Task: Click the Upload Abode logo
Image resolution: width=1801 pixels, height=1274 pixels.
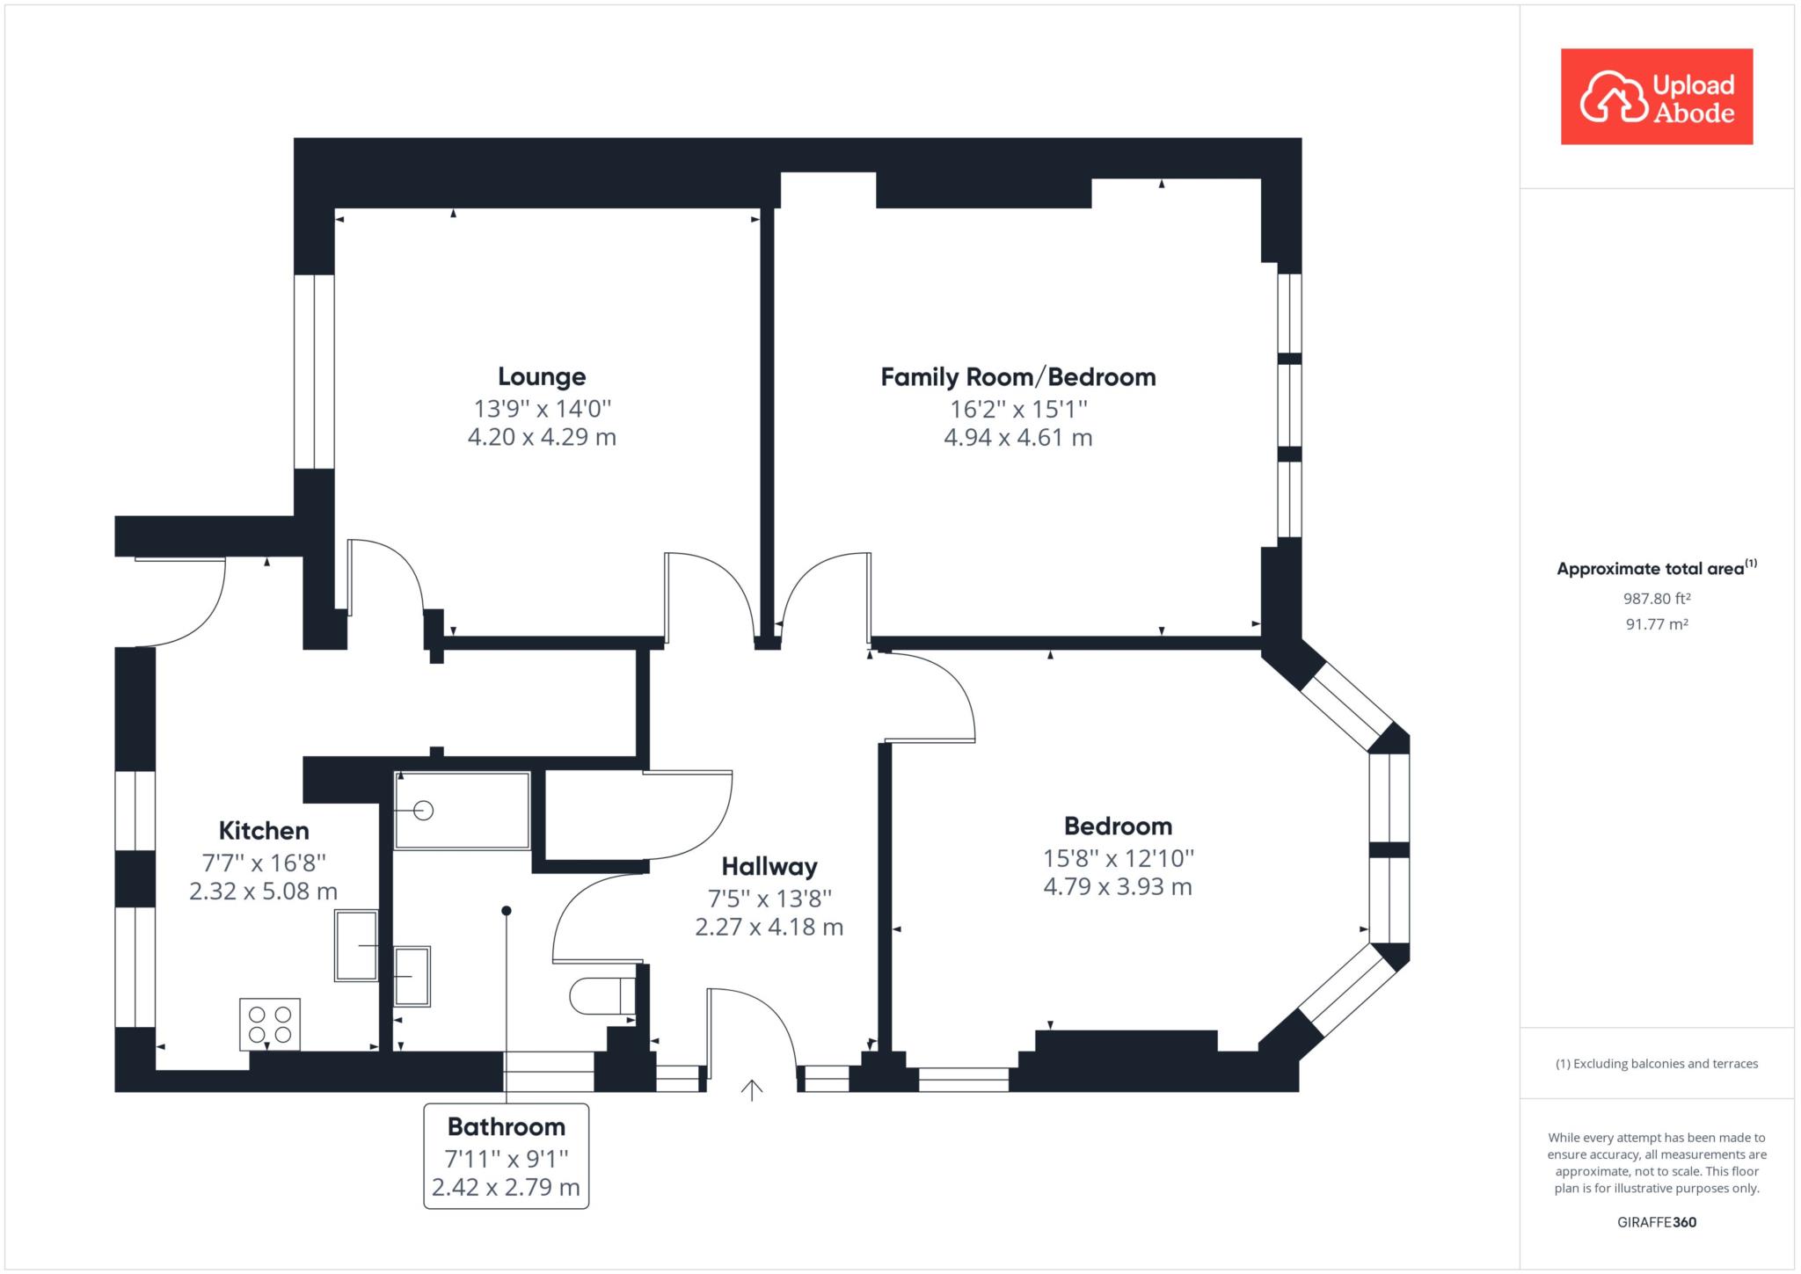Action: point(1656,97)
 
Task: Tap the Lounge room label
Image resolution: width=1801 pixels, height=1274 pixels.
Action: point(542,376)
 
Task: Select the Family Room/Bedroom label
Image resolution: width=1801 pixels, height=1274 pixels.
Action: point(1018,377)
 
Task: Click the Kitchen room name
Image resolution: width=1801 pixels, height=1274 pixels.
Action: point(264,830)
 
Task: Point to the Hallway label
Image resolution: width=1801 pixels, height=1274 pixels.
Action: point(769,866)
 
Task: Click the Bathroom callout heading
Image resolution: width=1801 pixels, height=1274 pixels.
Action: point(506,1126)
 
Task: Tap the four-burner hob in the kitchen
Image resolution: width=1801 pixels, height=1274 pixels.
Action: point(270,1024)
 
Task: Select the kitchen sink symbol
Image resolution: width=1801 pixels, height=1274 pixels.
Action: point(356,945)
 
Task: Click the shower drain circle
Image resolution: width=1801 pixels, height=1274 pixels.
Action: point(423,811)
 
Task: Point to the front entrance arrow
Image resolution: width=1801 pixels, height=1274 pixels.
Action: point(752,1090)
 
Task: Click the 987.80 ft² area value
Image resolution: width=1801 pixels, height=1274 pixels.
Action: point(1657,599)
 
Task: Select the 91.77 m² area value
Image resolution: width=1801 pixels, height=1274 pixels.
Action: point(1657,624)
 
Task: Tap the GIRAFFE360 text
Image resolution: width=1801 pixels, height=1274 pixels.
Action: point(1657,1222)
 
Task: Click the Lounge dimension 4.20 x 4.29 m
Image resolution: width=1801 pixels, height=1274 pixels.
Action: point(542,437)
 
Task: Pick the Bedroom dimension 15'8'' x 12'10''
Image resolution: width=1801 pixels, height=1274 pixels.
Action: point(1118,857)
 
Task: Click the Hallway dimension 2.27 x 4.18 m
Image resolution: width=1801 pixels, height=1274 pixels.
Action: point(769,927)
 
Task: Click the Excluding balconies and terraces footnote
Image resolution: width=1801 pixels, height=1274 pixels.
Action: point(1657,1064)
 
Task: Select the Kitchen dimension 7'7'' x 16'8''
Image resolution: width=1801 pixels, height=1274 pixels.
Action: point(264,862)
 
